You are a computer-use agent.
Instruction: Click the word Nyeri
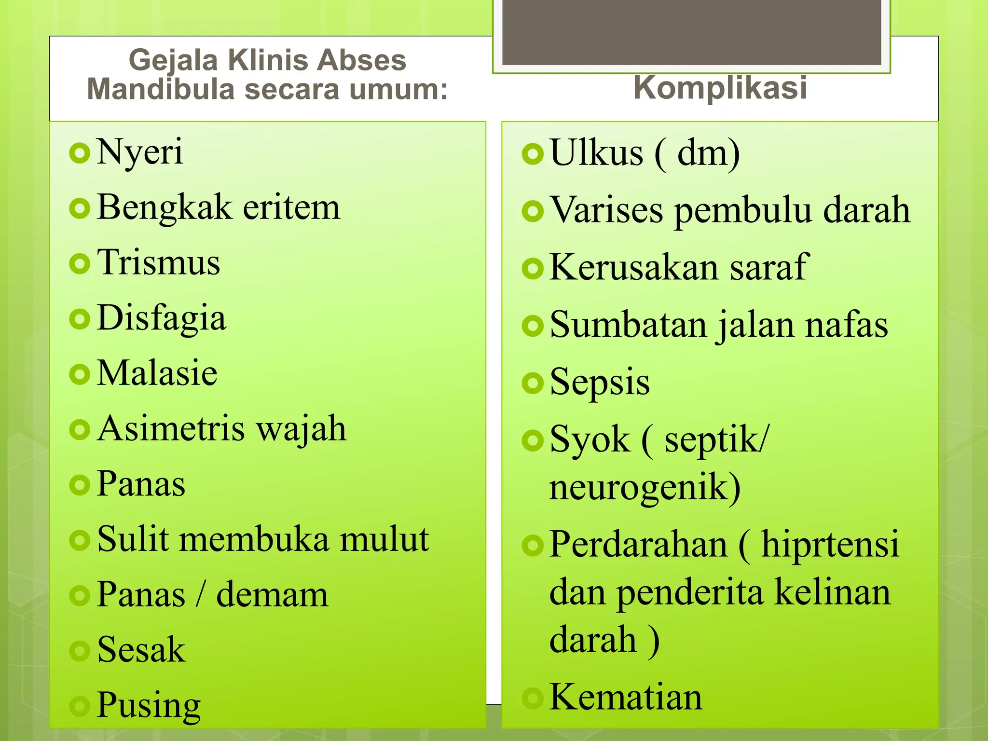click(140, 152)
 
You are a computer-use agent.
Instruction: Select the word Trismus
click(159, 263)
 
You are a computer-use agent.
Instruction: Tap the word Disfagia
click(162, 319)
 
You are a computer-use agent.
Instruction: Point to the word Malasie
click(157, 373)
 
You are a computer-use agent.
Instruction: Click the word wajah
click(301, 429)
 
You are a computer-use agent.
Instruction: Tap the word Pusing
click(149, 706)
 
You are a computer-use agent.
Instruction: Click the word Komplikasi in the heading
click(720, 88)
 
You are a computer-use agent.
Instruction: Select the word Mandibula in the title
click(161, 90)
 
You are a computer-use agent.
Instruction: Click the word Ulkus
click(596, 153)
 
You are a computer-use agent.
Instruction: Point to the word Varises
click(607, 210)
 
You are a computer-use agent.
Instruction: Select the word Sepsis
click(600, 383)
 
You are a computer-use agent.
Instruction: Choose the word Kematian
click(626, 698)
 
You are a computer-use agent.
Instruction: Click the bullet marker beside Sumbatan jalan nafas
click(533, 326)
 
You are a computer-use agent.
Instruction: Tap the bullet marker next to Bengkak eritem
click(80, 209)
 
